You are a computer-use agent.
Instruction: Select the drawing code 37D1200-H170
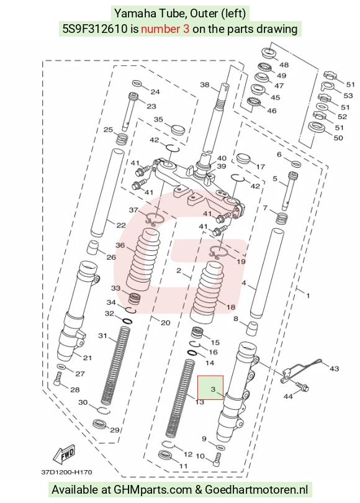pyautogui.click(x=66, y=472)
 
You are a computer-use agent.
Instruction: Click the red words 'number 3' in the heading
pyautogui.click(x=165, y=29)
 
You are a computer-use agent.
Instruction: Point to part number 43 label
pyautogui.click(x=334, y=369)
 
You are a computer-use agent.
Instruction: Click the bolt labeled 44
pyautogui.click(x=302, y=386)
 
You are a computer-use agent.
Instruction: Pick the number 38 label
pyautogui.click(x=205, y=84)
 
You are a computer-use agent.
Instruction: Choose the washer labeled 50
pyautogui.click(x=317, y=127)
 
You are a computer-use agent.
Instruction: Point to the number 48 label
pyautogui.click(x=284, y=65)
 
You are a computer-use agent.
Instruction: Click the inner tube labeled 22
pyautogui.click(x=107, y=192)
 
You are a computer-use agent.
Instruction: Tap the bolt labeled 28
pyautogui.click(x=58, y=379)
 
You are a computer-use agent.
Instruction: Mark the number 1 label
pyautogui.click(x=308, y=295)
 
